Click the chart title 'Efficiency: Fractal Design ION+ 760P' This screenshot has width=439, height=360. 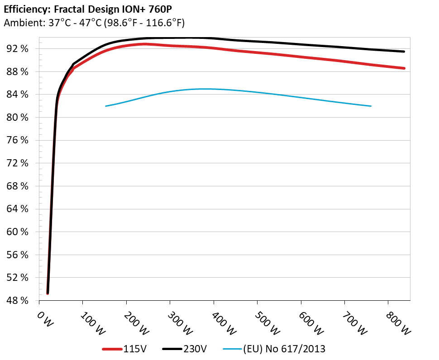point(82,8)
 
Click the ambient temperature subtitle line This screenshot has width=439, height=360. point(94,23)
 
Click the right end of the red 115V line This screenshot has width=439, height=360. point(404,68)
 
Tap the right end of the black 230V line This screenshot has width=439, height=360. point(404,52)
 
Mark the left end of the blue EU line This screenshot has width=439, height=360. point(105,106)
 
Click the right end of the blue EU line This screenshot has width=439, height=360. point(371,106)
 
